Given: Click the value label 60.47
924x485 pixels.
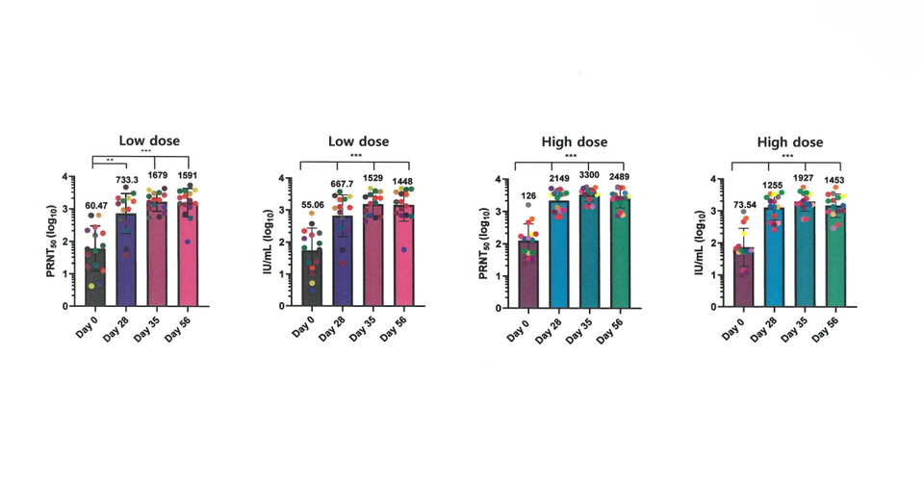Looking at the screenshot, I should coord(94,205).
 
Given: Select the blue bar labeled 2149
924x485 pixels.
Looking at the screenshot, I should coord(557,254).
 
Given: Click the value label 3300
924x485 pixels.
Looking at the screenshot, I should coord(588,176).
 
